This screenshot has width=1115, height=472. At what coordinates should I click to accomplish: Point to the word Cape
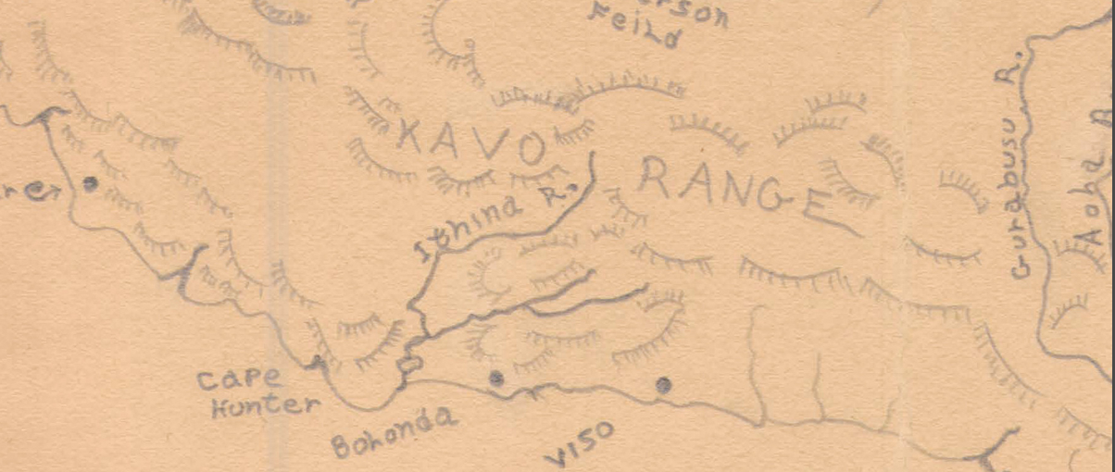(239, 378)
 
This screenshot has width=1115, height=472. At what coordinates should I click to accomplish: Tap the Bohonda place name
(394, 431)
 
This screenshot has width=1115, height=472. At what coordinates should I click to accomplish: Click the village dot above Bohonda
(496, 377)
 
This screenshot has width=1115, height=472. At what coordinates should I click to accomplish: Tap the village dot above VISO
(663, 385)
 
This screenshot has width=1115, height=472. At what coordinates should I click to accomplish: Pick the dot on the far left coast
(90, 183)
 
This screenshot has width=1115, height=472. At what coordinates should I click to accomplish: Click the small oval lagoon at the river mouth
(408, 366)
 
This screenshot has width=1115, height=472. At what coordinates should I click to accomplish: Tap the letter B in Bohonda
(340, 446)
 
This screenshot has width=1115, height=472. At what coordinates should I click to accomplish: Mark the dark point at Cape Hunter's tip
(318, 360)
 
